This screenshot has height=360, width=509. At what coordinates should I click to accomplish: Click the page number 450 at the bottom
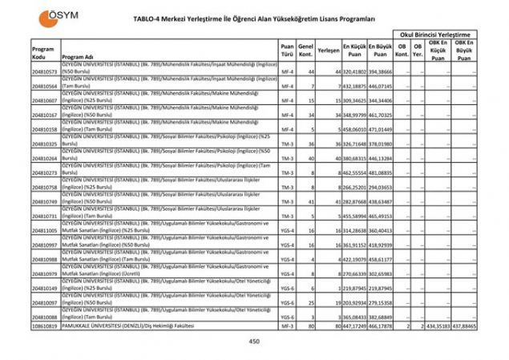click(x=254, y=342)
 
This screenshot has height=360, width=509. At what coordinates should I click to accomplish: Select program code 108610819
click(x=45, y=327)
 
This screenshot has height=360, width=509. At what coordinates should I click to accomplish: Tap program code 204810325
click(x=45, y=144)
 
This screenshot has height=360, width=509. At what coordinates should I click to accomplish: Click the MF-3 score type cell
click(x=287, y=327)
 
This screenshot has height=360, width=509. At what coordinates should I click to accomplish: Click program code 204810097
click(x=45, y=302)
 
